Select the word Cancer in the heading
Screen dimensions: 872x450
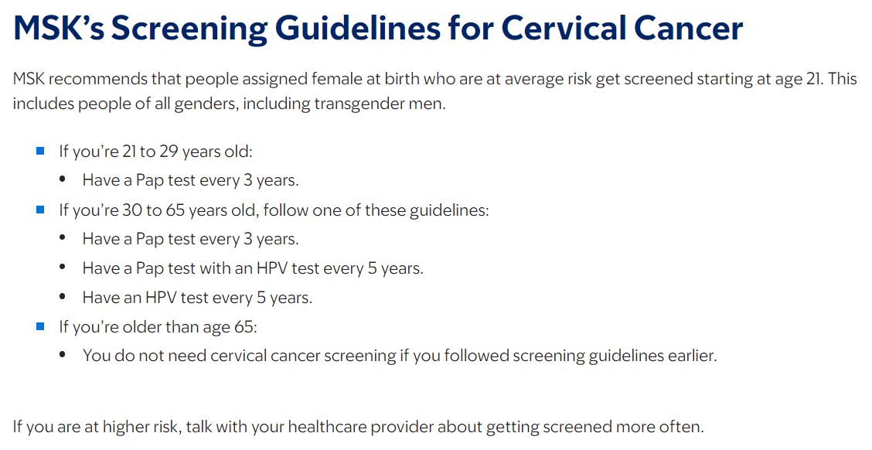click(x=693, y=28)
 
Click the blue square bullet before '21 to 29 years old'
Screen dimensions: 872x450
click(x=40, y=151)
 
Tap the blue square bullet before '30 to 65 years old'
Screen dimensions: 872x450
click(x=40, y=210)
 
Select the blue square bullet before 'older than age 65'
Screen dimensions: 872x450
click(x=40, y=326)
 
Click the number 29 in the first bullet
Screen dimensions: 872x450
click(x=169, y=152)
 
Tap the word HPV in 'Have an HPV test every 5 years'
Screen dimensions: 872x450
click(x=161, y=298)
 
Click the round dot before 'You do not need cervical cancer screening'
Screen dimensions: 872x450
click(x=63, y=355)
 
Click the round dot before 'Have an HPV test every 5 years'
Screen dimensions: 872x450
click(x=63, y=297)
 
